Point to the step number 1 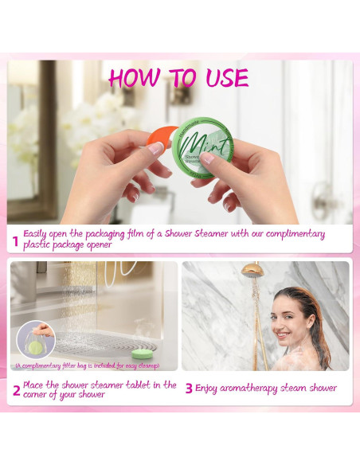click(14, 240)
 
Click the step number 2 click(15, 390)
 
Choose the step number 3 click(189, 389)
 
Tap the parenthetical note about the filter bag click(86, 366)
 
